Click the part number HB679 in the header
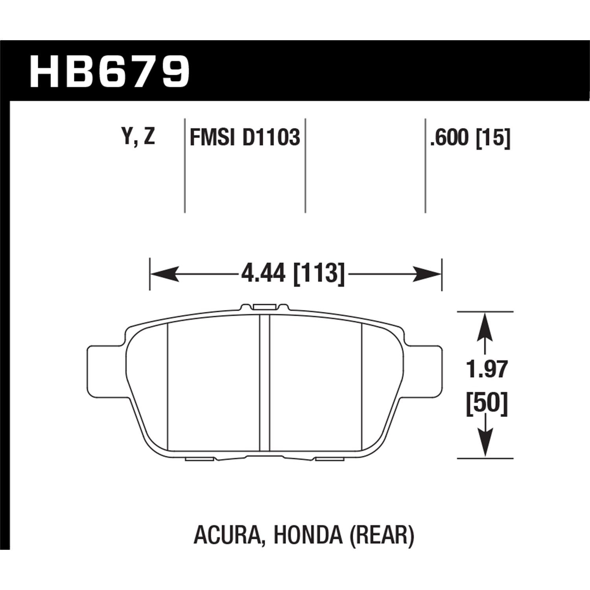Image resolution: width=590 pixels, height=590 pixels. (x=110, y=72)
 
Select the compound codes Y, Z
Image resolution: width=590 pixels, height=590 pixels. (x=139, y=137)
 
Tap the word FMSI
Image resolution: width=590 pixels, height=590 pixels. (x=213, y=138)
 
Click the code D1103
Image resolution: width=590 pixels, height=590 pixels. (x=271, y=138)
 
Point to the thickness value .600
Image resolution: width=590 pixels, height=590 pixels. (x=450, y=138)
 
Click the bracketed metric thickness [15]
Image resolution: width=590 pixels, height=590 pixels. (x=493, y=138)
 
